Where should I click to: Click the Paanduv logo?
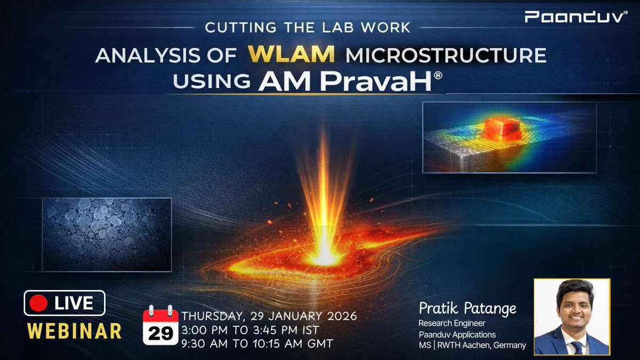click(575, 17)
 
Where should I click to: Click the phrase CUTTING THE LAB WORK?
click(308, 28)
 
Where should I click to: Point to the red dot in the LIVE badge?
click(38, 303)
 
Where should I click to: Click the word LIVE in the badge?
click(74, 303)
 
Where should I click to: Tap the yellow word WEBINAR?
click(74, 331)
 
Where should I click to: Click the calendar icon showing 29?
click(161, 325)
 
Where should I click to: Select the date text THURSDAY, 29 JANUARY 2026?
click(269, 316)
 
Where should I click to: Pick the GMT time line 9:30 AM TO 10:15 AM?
click(258, 344)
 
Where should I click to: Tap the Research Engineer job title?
click(452, 323)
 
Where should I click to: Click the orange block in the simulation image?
click(502, 129)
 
